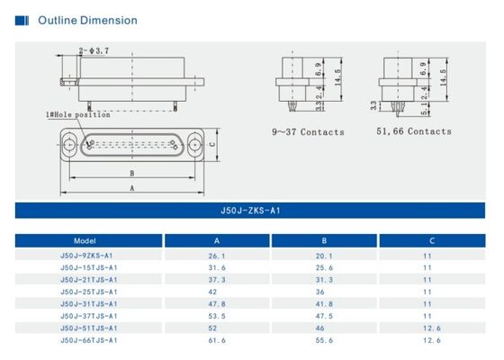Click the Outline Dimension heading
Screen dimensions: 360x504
point(87,20)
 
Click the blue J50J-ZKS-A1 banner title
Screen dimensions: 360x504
point(252,211)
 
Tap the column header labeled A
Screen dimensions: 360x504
point(216,241)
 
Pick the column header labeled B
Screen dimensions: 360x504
point(324,241)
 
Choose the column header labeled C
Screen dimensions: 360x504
point(432,241)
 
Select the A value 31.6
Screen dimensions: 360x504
point(217,267)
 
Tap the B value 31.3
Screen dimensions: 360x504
point(324,280)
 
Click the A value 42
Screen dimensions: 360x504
point(216,292)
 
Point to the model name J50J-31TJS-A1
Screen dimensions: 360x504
point(88,304)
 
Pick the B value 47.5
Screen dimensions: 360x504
point(324,316)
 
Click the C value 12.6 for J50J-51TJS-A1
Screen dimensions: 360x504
point(432,328)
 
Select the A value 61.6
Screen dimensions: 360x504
point(217,340)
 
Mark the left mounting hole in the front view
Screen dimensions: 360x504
point(70,143)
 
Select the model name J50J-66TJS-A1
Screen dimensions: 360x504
point(88,340)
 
